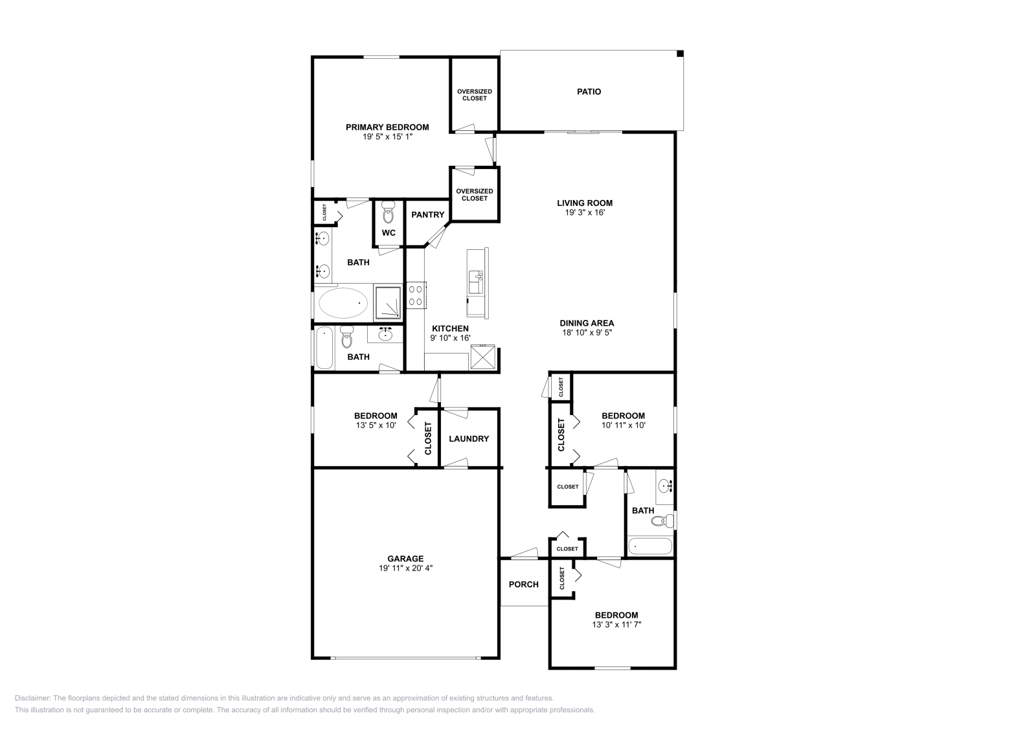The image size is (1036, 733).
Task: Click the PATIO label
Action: pyautogui.click(x=589, y=92)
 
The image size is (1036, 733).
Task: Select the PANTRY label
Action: pyautogui.click(x=427, y=215)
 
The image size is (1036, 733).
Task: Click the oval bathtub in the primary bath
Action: pyautogui.click(x=343, y=302)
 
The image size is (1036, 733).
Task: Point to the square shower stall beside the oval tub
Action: pyautogui.click(x=388, y=302)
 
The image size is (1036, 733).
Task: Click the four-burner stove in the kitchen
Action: pyautogui.click(x=416, y=295)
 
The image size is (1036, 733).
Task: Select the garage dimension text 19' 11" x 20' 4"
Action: pyautogui.click(x=405, y=569)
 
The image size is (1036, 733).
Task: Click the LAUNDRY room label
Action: pyautogui.click(x=469, y=439)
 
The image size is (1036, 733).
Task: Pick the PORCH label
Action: pyautogui.click(x=523, y=585)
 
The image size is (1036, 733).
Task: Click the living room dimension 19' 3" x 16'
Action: pyautogui.click(x=584, y=212)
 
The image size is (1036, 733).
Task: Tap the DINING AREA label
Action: pyautogui.click(x=587, y=323)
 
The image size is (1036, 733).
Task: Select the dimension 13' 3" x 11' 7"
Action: pyautogui.click(x=616, y=625)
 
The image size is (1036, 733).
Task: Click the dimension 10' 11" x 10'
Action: pyautogui.click(x=623, y=425)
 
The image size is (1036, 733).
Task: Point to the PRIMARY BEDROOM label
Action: pyautogui.click(x=387, y=128)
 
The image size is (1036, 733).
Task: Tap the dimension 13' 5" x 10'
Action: pyautogui.click(x=376, y=425)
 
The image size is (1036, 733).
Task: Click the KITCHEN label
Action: pyautogui.click(x=450, y=329)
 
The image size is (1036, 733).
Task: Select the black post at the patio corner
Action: pyautogui.click(x=680, y=54)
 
